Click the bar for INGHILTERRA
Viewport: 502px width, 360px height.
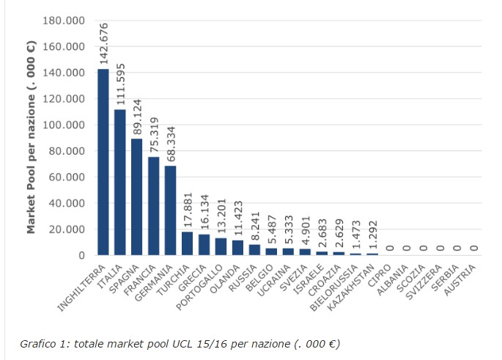pyautogui.click(x=103, y=162)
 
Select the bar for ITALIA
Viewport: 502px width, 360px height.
pyautogui.click(x=120, y=183)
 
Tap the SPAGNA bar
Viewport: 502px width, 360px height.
pyautogui.click(x=137, y=197)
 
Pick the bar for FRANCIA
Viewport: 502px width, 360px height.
pyautogui.click(x=154, y=206)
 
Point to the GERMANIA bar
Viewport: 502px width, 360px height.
pyautogui.click(x=171, y=210)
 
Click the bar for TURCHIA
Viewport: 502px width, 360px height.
pyautogui.click(x=188, y=243)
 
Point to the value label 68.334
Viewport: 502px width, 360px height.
pyautogui.click(x=171, y=143)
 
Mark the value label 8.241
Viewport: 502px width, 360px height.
pyautogui.click(x=255, y=228)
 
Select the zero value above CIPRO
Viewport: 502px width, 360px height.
pyautogui.click(x=390, y=249)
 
